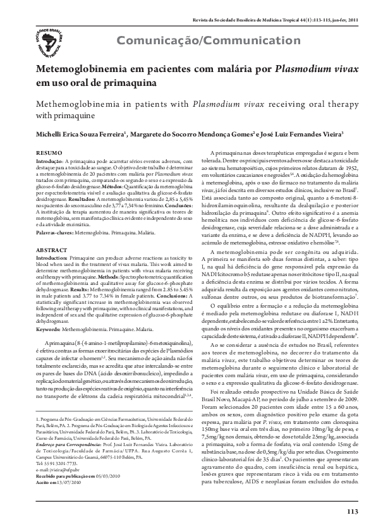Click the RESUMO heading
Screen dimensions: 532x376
[49, 154]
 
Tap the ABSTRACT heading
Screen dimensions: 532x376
[51, 251]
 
